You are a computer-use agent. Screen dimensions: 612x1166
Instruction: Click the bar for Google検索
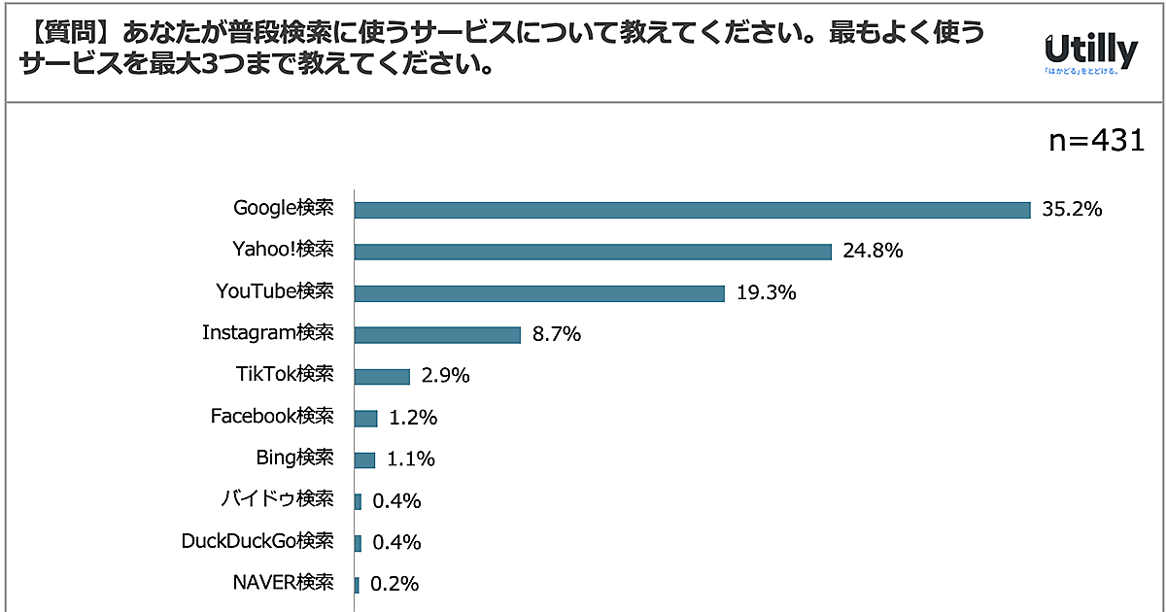pyautogui.click(x=692, y=210)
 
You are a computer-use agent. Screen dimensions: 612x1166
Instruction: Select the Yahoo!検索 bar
pyautogui.click(x=593, y=252)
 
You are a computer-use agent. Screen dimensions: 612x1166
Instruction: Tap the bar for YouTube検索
pyautogui.click(x=539, y=293)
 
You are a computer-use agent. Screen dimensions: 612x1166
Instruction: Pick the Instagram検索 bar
pyautogui.click(x=437, y=335)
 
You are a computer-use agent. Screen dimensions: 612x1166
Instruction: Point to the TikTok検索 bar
pyautogui.click(x=382, y=376)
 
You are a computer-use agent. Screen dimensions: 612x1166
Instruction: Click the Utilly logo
pyautogui.click(x=1091, y=52)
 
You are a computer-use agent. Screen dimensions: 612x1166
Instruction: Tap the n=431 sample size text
pyautogui.click(x=1097, y=142)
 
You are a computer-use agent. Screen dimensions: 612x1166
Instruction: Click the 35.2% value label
pyautogui.click(x=1072, y=210)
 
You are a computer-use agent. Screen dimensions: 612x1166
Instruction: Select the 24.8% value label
pyautogui.click(x=874, y=252)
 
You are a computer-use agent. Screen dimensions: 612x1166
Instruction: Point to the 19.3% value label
pyautogui.click(x=767, y=293)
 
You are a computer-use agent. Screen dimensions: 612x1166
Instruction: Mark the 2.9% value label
pyautogui.click(x=445, y=376)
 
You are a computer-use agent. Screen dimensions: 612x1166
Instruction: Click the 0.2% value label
pyautogui.click(x=394, y=585)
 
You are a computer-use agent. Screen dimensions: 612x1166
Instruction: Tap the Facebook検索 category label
pyautogui.click(x=272, y=417)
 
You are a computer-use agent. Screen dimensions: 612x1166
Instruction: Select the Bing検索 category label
pyautogui.click(x=295, y=458)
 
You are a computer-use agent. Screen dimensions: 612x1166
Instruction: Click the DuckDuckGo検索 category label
pyautogui.click(x=257, y=540)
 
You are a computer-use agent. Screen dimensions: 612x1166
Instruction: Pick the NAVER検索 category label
pyautogui.click(x=283, y=583)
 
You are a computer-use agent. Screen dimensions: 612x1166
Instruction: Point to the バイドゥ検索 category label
pyautogui.click(x=278, y=499)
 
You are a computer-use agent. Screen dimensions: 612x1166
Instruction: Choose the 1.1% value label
pyautogui.click(x=410, y=459)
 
